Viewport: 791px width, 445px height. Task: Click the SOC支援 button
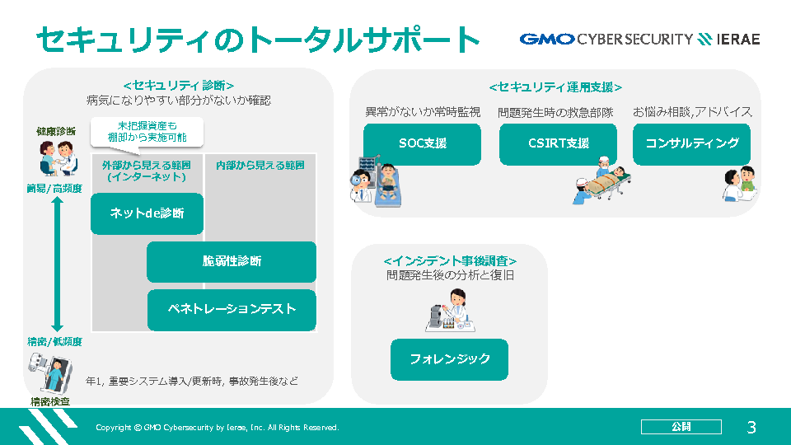click(x=422, y=144)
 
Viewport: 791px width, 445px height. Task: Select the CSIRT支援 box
click(x=558, y=144)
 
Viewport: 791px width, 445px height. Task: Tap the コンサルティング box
click(x=691, y=144)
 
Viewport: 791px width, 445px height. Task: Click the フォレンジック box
click(x=450, y=359)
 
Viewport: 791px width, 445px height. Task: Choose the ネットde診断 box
click(x=147, y=213)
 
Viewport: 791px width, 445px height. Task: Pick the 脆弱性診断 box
click(x=232, y=262)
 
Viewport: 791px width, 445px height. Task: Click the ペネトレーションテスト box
click(x=232, y=310)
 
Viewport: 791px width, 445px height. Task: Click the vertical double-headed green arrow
click(x=57, y=264)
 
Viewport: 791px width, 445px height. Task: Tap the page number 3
click(x=751, y=428)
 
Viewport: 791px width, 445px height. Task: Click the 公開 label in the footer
click(x=681, y=427)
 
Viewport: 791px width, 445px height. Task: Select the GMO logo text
click(x=547, y=40)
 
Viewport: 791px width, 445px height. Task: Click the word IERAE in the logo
click(x=738, y=40)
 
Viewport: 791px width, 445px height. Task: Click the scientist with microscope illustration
click(x=451, y=311)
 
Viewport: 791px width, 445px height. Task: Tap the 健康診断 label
click(x=56, y=132)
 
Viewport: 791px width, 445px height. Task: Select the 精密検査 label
click(x=50, y=401)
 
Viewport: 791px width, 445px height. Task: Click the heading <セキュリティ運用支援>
click(x=555, y=87)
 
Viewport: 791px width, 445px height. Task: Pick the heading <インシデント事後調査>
click(x=450, y=261)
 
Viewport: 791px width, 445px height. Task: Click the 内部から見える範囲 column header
click(x=260, y=166)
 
